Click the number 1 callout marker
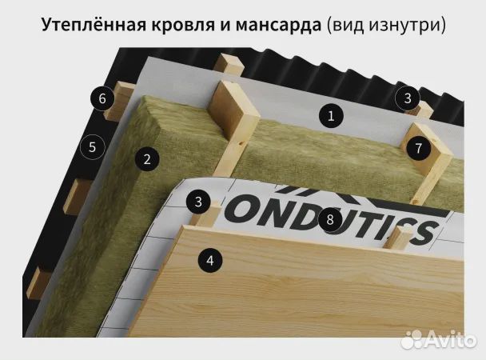[x=329, y=115]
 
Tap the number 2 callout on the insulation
[x=146, y=158]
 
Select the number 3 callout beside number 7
[x=408, y=98]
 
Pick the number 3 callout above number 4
[x=197, y=201]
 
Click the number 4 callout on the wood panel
[x=209, y=259]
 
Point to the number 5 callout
[x=93, y=147]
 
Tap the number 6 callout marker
[x=102, y=99]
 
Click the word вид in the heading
[x=347, y=26]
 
